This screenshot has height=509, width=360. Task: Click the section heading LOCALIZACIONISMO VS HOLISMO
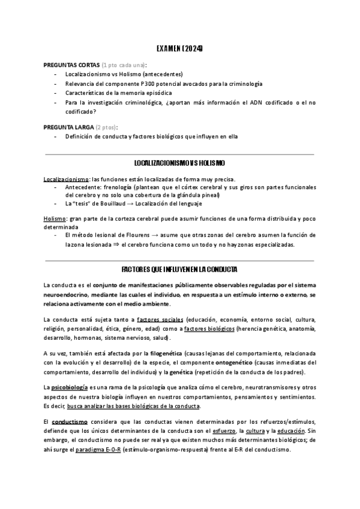(x=180, y=163)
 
